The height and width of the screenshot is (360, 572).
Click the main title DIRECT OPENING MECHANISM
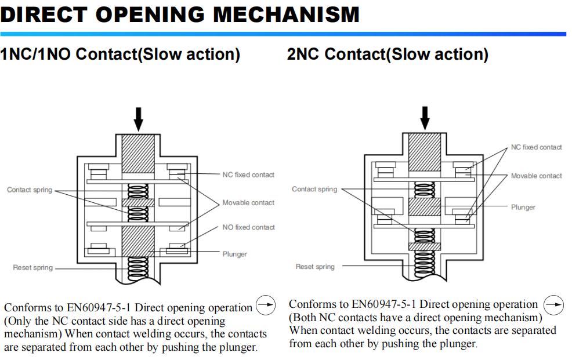(180, 14)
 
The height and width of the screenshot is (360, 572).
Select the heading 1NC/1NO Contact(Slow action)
(120, 54)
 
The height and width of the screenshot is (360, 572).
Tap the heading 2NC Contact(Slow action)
(387, 54)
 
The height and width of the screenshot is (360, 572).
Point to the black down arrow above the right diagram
(425, 118)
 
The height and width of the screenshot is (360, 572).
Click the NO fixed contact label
(248, 227)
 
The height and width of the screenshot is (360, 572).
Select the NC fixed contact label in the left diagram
(248, 174)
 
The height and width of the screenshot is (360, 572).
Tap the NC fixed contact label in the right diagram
(536, 147)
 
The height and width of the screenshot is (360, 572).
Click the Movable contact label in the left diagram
(248, 203)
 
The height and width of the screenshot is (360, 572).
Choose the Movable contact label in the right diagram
(536, 176)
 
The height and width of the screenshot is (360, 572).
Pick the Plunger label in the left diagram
(234, 254)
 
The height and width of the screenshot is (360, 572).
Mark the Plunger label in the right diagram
(523, 207)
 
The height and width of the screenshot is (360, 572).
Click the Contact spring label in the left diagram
(30, 190)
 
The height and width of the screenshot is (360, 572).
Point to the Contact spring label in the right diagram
(314, 189)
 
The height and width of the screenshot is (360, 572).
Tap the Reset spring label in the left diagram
(33, 268)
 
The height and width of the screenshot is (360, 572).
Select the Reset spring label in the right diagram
(315, 267)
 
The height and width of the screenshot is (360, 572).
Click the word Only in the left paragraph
(20, 321)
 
